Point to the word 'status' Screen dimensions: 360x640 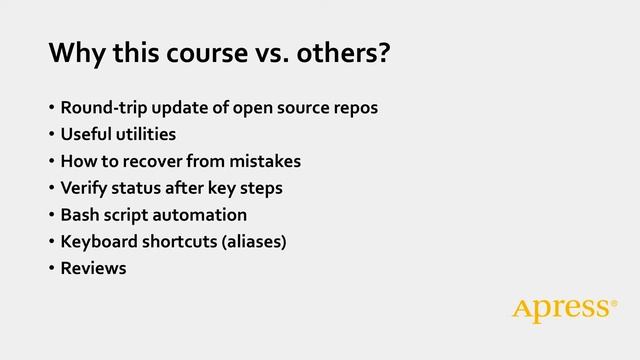pyautogui.click(x=141, y=188)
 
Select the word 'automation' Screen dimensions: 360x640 pyautogui.click(x=203, y=215)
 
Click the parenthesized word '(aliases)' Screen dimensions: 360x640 pyautogui.click(x=252, y=241)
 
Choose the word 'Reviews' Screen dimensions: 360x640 pyautogui.click(x=93, y=268)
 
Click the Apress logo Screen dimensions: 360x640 pyautogui.click(x=561, y=310)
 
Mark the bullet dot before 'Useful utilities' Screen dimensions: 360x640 pyautogui.click(x=50, y=134)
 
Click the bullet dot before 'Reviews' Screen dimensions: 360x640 pyautogui.click(x=50, y=268)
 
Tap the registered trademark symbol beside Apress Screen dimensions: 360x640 pyautogui.click(x=614, y=303)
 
